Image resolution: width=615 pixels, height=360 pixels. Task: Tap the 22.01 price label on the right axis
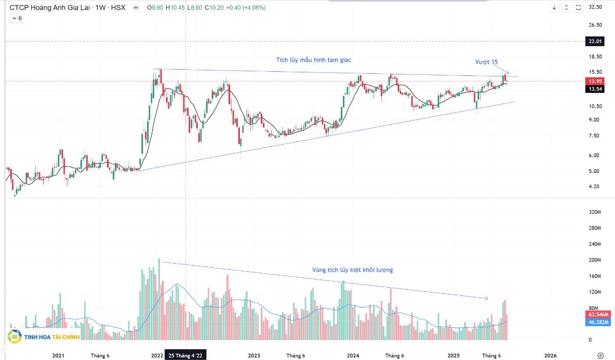click(x=595, y=42)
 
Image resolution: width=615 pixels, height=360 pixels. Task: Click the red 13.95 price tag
click(x=595, y=82)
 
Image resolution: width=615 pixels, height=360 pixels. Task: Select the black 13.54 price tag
click(x=595, y=89)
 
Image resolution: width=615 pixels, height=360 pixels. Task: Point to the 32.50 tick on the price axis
click(x=595, y=7)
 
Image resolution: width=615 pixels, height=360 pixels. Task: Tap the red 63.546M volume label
click(x=597, y=314)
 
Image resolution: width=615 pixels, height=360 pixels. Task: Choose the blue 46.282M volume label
click(x=597, y=322)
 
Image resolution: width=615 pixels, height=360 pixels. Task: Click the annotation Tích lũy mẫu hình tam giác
click(x=314, y=60)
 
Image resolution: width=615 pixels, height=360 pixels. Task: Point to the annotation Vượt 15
click(x=486, y=62)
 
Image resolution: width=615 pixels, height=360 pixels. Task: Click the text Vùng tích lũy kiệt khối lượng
click(x=353, y=270)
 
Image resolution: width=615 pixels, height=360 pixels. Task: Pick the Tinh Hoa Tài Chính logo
click(x=44, y=337)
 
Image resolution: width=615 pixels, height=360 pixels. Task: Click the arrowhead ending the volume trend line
click(x=486, y=298)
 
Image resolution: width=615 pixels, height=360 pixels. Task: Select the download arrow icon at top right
click(x=555, y=8)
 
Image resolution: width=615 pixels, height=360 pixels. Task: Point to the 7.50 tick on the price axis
click(x=595, y=135)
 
